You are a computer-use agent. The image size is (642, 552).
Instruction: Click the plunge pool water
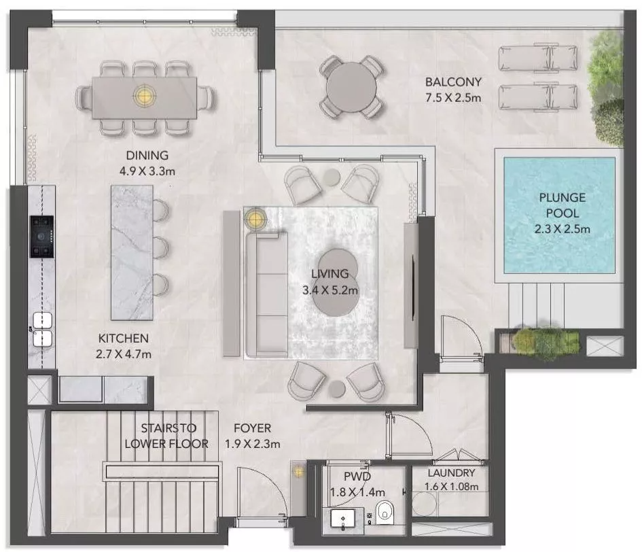point(559,215)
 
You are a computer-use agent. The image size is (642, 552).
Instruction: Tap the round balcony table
point(351,87)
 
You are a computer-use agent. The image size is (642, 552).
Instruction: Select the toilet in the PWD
point(384,513)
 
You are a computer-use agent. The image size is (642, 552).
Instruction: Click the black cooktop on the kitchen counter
point(41,237)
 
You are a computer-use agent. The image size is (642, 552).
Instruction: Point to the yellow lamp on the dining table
point(144,95)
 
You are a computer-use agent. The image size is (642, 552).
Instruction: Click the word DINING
point(147,155)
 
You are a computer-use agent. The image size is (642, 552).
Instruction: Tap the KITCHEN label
point(123,339)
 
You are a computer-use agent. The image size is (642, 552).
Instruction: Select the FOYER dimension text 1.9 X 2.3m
point(252,444)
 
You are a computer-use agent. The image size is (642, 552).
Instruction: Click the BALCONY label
point(453,82)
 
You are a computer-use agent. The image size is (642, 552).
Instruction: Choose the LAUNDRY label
point(451,473)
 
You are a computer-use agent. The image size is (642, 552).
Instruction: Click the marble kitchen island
point(132,252)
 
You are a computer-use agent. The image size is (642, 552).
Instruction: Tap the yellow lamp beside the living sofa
point(255,219)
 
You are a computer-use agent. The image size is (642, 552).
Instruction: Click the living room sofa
point(266,294)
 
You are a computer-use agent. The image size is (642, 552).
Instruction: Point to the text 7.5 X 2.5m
point(453,98)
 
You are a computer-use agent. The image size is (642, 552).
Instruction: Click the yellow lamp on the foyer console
point(298,472)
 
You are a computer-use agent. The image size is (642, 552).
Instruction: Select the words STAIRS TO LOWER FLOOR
point(166,436)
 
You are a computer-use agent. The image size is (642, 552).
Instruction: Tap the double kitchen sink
point(43,330)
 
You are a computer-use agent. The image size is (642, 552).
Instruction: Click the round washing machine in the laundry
point(424,504)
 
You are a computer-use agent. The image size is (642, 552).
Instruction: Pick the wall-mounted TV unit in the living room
point(410,286)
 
